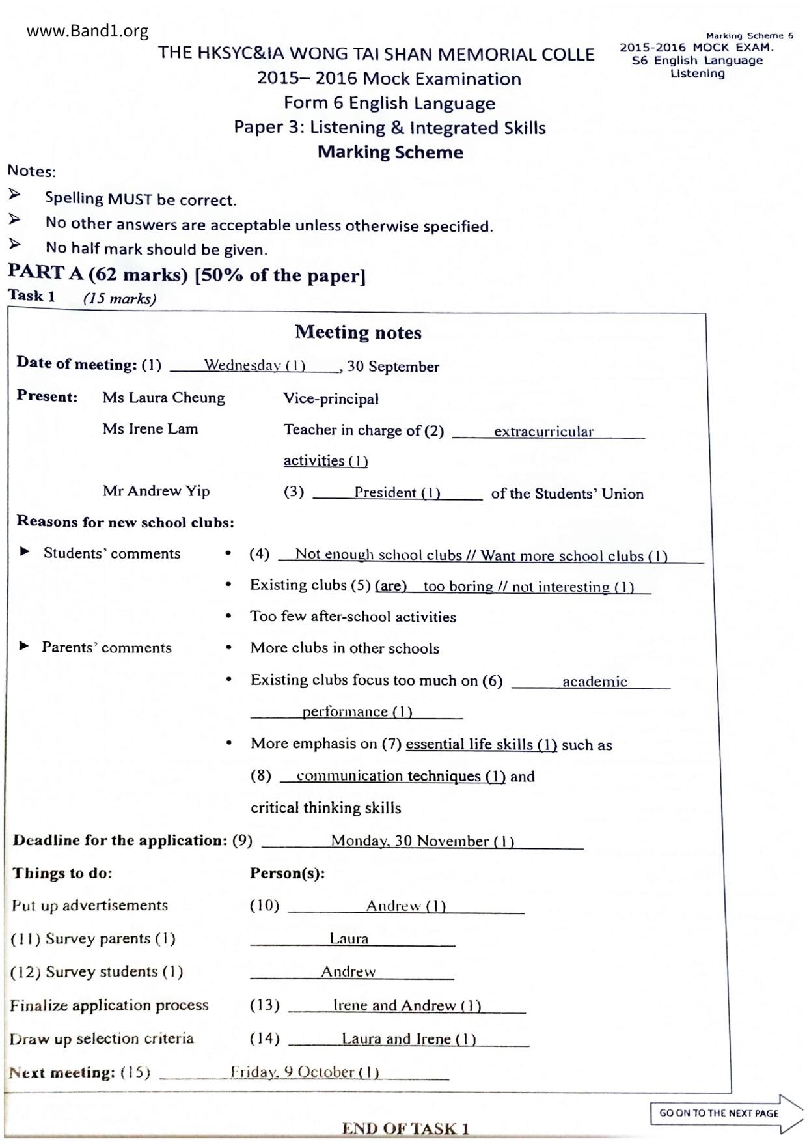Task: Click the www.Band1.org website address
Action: (x=87, y=31)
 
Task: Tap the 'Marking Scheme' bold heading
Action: (x=390, y=152)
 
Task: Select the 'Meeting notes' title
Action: (x=358, y=333)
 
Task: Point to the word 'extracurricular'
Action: (x=543, y=432)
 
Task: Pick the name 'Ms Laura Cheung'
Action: (x=163, y=398)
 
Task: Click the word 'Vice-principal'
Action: (x=331, y=398)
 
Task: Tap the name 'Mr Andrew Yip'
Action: (x=156, y=492)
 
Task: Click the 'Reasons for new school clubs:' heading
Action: (x=125, y=522)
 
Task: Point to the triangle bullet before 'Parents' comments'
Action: (x=25, y=647)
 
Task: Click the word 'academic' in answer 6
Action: (x=594, y=682)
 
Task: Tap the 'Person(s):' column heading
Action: (x=287, y=873)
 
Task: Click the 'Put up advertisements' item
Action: (x=90, y=906)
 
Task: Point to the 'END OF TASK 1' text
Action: (x=405, y=1129)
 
